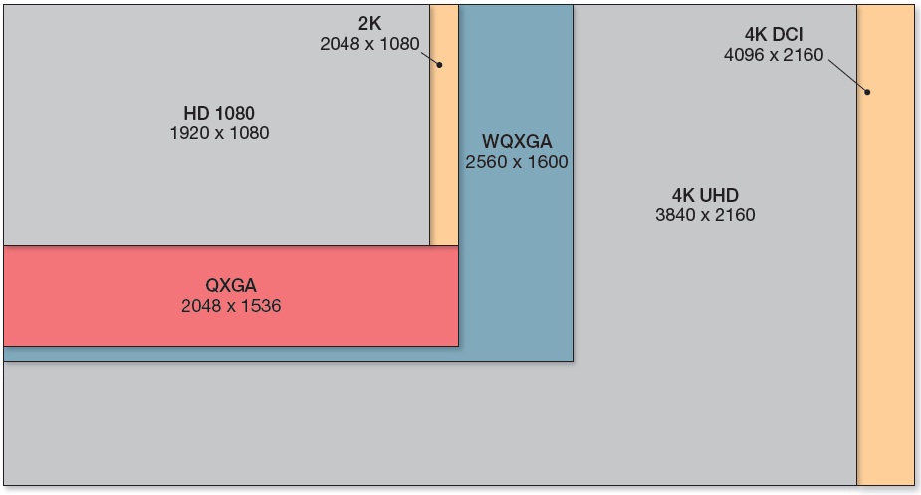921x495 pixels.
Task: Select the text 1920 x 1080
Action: [220, 132]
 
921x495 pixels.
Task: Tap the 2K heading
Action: [369, 24]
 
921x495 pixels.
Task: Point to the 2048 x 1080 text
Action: [369, 44]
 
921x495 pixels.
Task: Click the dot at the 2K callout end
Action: [438, 65]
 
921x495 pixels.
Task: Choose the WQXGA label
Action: [517, 141]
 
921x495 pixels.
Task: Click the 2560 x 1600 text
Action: [517, 161]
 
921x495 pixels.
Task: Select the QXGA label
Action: [231, 286]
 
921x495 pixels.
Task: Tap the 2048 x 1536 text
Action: [231, 306]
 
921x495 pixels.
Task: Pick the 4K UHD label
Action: [705, 194]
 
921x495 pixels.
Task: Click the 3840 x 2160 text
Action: [705, 215]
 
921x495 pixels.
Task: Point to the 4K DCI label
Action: [774, 35]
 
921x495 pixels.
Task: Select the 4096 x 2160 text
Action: [774, 55]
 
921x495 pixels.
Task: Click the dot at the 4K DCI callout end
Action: [867, 92]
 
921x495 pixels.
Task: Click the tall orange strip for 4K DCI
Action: [885, 299]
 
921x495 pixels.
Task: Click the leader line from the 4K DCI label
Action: [846, 76]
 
